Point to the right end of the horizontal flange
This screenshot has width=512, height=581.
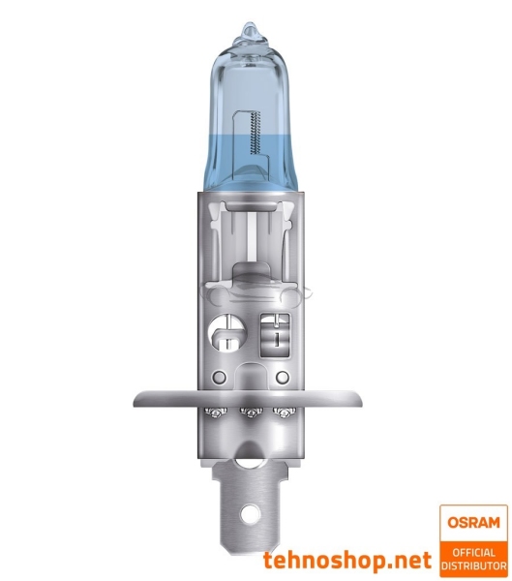374,397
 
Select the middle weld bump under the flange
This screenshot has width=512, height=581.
254,413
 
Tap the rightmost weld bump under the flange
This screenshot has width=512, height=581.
285,413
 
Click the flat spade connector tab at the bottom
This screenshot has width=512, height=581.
254,499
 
